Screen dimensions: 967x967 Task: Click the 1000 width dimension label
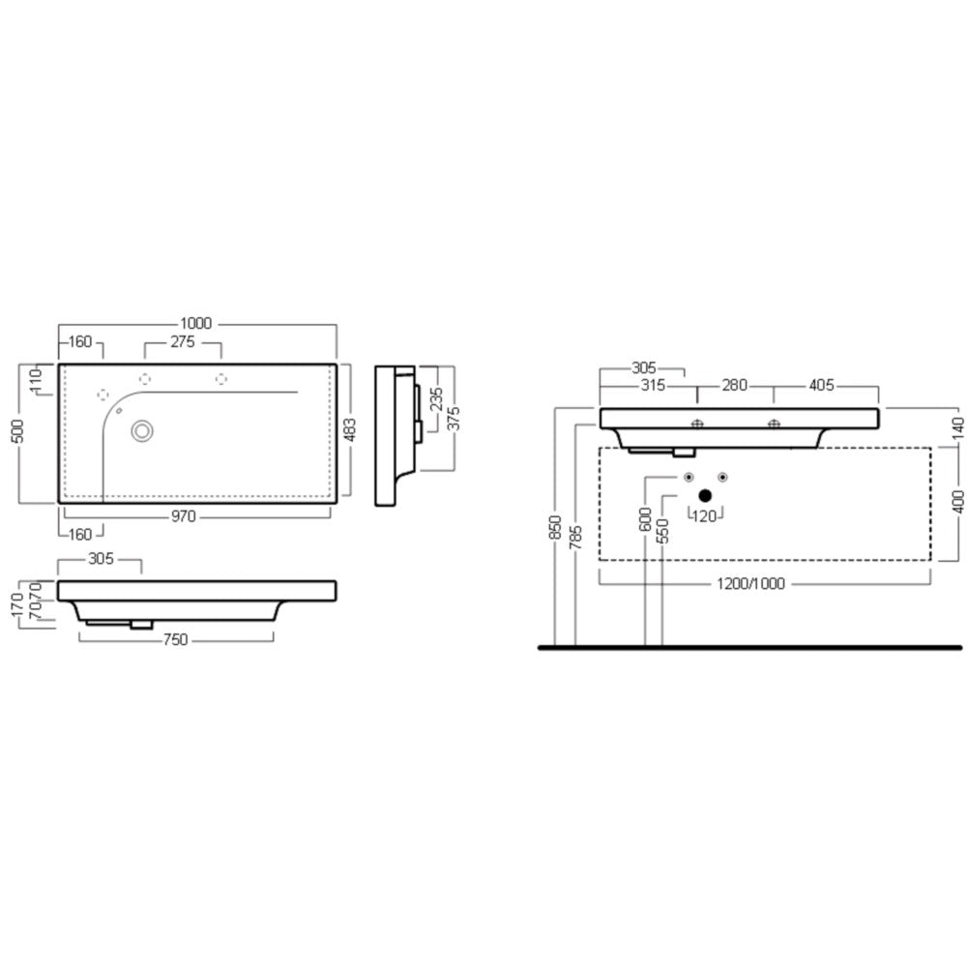click(196, 323)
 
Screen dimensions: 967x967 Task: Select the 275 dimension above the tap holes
click(183, 341)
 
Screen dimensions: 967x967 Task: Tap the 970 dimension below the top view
click(183, 516)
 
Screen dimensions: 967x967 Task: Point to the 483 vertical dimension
click(350, 430)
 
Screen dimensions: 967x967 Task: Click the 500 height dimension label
click(17, 431)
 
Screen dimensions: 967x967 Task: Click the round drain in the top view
click(142, 431)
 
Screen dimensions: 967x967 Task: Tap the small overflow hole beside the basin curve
click(119, 410)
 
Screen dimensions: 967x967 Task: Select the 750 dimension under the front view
click(175, 639)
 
